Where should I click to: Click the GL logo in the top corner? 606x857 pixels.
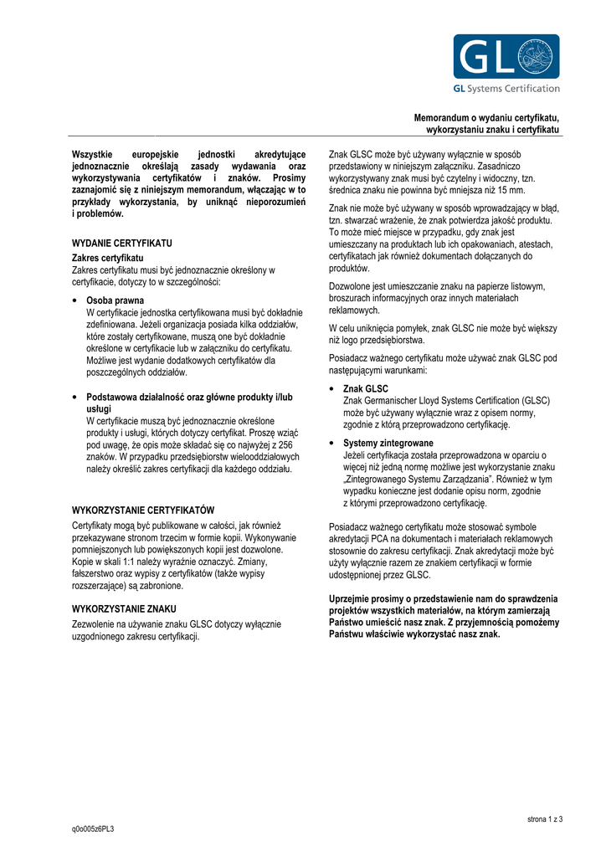tap(506, 57)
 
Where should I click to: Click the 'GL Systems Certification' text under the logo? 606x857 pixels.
tap(506, 89)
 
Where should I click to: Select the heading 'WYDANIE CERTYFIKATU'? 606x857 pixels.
tap(122, 243)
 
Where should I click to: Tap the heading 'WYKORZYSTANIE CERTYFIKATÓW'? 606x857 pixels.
tap(144, 510)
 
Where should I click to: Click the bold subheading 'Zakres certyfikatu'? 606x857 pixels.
tap(108, 258)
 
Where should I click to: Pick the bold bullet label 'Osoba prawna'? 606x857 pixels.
tap(116, 300)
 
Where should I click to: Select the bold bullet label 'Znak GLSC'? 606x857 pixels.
tap(366, 388)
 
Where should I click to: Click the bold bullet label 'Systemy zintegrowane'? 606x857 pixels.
tap(388, 443)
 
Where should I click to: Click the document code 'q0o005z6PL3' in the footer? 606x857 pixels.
tap(93, 829)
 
